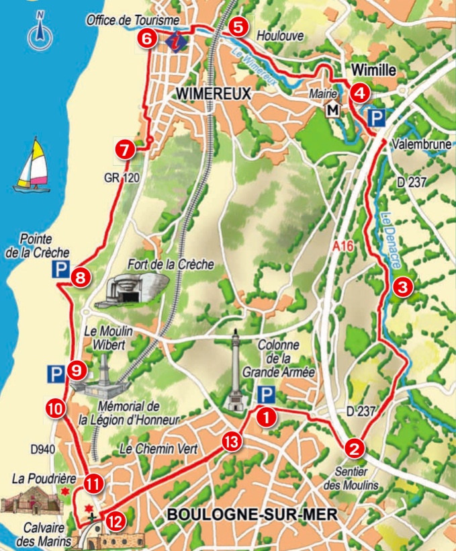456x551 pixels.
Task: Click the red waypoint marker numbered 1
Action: (x=267, y=417)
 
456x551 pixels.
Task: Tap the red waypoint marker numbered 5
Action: (x=237, y=27)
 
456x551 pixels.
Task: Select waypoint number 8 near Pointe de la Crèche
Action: (x=81, y=278)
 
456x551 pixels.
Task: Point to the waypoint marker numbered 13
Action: (x=231, y=441)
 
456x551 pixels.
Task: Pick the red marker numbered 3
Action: (x=402, y=288)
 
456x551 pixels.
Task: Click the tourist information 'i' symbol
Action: (x=176, y=40)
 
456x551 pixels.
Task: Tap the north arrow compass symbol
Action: (x=40, y=32)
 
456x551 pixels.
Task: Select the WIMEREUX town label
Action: (x=212, y=95)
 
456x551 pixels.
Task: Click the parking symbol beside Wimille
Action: (x=377, y=119)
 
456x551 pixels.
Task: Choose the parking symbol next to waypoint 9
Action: (x=56, y=372)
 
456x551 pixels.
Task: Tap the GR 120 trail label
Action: (x=121, y=179)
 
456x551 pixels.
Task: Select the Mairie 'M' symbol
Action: (x=332, y=110)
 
